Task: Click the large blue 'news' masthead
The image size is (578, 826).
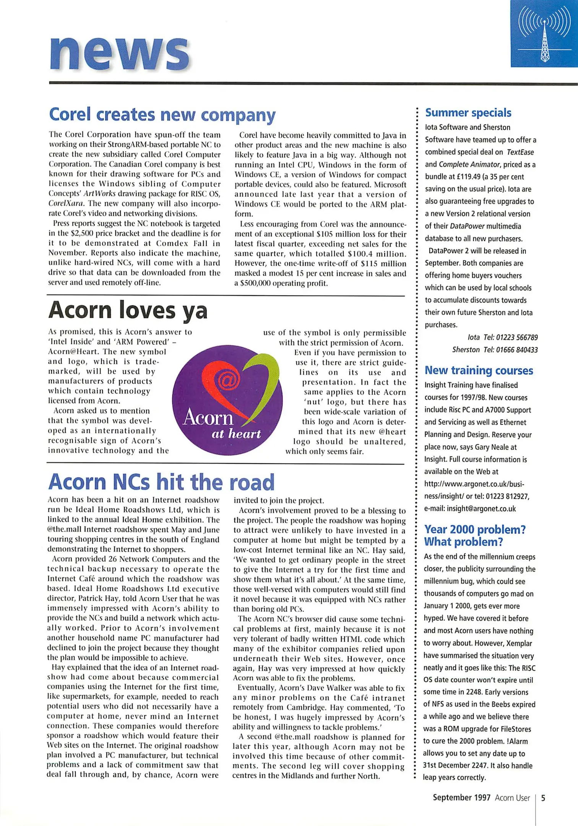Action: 120,54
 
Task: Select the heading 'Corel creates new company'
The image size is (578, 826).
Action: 162,115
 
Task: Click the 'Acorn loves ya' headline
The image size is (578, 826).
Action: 128,310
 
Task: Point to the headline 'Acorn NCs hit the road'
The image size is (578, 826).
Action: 161,482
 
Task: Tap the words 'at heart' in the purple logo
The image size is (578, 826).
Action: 236,434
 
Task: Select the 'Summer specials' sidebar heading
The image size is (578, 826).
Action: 468,113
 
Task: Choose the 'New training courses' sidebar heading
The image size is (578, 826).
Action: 479,371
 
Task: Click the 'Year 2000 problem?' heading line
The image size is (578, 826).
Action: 475,530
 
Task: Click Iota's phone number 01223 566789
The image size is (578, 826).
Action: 517,337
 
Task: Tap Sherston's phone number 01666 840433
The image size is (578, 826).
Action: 517,350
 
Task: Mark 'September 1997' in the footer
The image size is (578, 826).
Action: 461,798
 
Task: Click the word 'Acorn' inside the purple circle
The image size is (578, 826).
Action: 208,417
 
